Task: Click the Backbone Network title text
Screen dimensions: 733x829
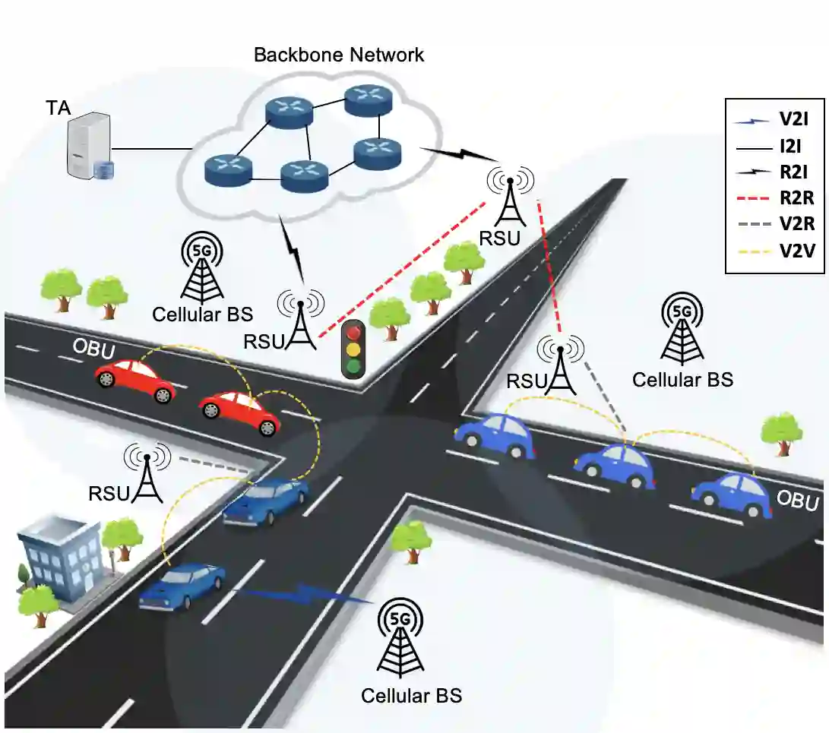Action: coord(339,55)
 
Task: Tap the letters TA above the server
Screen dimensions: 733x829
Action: coord(58,109)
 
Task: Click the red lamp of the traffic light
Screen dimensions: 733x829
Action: coord(352,331)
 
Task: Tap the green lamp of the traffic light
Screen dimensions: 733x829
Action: coord(352,367)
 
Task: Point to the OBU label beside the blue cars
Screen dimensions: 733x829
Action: coord(798,502)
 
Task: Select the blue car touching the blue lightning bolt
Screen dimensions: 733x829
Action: coord(182,586)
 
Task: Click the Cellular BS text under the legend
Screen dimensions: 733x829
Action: coord(682,379)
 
